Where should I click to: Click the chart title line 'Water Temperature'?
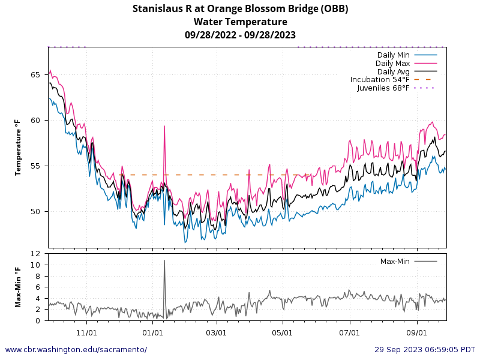(x=240, y=22)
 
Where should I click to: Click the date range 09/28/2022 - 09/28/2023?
(x=240, y=35)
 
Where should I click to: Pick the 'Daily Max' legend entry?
(x=392, y=64)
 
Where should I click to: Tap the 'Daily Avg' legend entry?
(x=393, y=72)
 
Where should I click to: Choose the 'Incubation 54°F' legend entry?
(x=380, y=80)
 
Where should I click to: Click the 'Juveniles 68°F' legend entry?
(x=383, y=88)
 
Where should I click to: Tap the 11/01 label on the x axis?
(x=86, y=332)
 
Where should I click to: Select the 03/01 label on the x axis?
(x=216, y=332)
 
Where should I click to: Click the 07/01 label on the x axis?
(x=349, y=332)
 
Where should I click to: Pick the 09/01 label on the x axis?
(x=417, y=332)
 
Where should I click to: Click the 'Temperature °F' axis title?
(x=18, y=147)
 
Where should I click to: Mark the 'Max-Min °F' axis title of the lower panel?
(x=18, y=287)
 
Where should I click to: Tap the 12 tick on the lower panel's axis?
(x=37, y=254)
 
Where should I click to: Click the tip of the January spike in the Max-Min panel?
(x=164, y=260)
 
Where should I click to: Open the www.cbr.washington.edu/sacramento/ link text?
(x=76, y=350)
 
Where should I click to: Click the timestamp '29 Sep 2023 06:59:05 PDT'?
(x=425, y=350)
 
